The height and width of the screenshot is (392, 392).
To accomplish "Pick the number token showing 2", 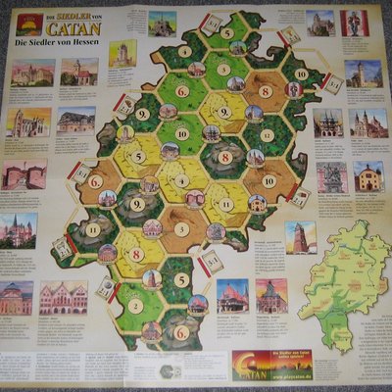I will tap(134, 305).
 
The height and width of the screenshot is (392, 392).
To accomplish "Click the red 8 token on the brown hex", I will tap(265, 92).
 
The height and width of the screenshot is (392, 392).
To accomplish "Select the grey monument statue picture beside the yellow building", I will tap(331, 176).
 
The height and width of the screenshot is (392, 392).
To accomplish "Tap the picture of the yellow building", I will tap(368, 176).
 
